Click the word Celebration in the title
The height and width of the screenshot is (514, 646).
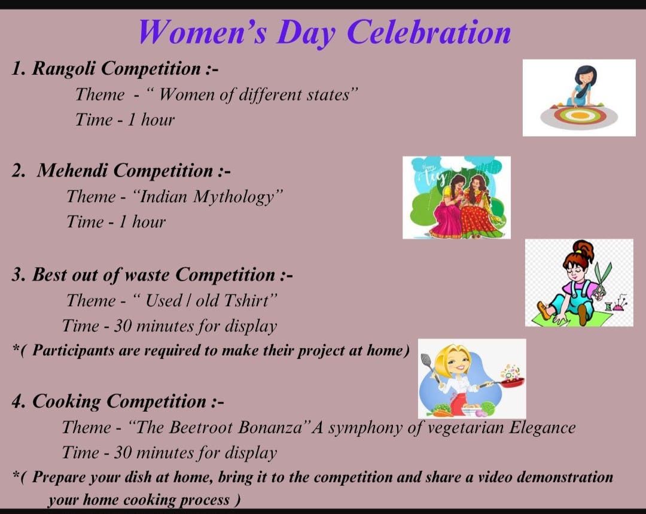coord(429,32)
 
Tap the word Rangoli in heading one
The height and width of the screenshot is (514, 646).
coord(64,68)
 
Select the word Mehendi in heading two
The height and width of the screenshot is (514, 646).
coord(72,170)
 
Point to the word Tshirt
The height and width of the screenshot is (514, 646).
coord(246,300)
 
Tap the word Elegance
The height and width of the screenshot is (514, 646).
coord(542,427)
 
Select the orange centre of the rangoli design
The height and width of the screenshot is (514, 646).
coord(578,115)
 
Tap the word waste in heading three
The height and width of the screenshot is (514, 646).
coord(148,275)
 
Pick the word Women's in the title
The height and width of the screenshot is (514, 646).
coord(202,32)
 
